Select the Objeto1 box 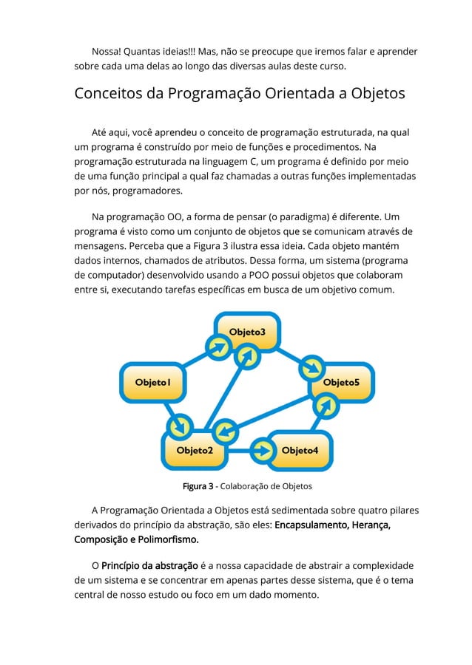tap(153, 382)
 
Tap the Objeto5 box tap(341, 382)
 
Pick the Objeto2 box tap(195, 450)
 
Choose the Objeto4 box tap(300, 450)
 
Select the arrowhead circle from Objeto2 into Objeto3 tap(246, 356)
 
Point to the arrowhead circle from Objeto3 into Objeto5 tap(314, 366)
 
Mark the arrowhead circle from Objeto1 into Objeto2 tap(178, 426)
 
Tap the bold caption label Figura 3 tap(198, 486)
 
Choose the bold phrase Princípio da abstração tap(150, 565)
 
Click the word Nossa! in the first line tap(107, 52)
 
